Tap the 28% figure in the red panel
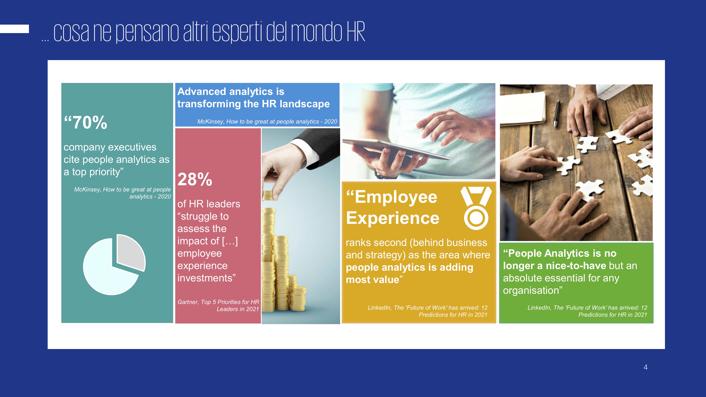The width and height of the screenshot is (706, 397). (x=195, y=179)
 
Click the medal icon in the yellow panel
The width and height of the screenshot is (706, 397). (x=476, y=208)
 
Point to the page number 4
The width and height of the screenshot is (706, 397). (x=645, y=367)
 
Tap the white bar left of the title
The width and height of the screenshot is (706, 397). (x=14, y=29)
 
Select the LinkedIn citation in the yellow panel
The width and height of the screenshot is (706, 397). (x=427, y=311)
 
